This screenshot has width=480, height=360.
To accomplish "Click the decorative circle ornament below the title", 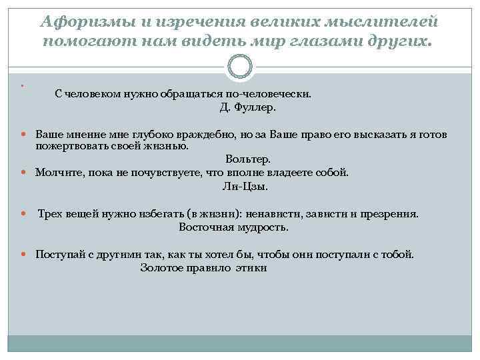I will [240, 66].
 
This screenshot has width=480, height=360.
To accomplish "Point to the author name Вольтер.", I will [248, 159].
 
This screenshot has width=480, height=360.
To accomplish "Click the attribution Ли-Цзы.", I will [245, 187].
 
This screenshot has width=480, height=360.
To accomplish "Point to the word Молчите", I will [56, 173].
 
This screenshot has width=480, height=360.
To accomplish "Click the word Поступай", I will [58, 255].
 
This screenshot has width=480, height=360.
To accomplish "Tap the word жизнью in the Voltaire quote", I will [171, 146].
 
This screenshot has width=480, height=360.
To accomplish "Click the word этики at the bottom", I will [253, 268].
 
